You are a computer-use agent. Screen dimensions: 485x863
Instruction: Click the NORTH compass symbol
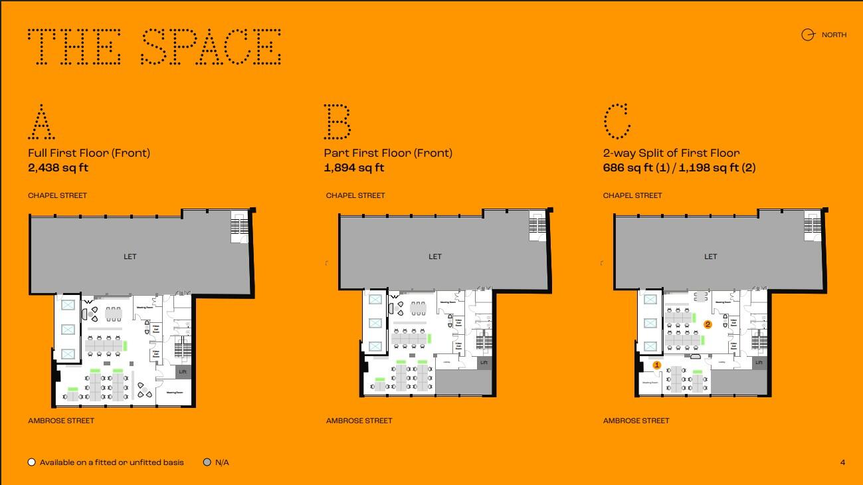coord(808,35)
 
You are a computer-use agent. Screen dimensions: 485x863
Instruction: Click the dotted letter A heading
coord(41,122)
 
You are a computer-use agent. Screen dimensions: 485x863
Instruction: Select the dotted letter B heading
coord(337,122)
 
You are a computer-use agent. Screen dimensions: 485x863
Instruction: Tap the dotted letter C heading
coord(617,122)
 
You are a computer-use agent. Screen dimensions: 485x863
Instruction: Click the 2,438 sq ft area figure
coord(58,168)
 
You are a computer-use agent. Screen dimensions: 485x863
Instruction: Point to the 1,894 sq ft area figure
coord(354,168)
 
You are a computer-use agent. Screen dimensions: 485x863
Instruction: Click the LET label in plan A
coord(130,256)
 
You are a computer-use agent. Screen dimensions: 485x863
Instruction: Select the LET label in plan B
coord(435,256)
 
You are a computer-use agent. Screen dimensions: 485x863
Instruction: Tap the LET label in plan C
coord(711,256)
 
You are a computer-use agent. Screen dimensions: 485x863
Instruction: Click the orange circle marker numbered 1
coord(657,365)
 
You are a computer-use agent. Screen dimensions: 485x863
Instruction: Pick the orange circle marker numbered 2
coord(708,324)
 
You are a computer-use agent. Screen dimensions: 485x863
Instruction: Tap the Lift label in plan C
coord(759,363)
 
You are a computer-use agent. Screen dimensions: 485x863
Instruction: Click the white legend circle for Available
coord(31,462)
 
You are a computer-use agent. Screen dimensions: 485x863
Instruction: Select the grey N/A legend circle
coord(207,462)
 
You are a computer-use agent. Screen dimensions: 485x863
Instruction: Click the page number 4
coord(842,462)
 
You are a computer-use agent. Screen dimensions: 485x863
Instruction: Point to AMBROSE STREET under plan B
coord(359,421)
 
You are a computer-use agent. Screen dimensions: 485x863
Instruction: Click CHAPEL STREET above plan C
coord(632,195)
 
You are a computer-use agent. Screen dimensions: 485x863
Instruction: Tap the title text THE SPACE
coord(155,47)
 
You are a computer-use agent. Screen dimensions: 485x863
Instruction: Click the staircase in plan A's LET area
coord(239,227)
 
